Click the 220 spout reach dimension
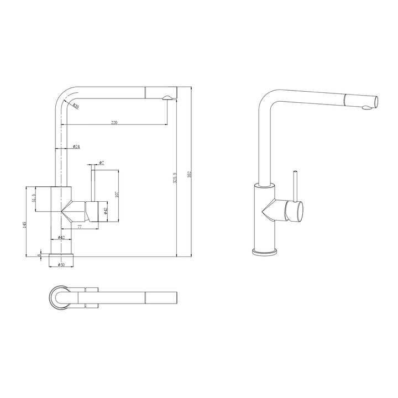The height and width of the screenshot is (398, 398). [114, 122]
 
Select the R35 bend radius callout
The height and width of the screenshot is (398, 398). [75, 106]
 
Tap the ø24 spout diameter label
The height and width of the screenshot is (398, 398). [76, 146]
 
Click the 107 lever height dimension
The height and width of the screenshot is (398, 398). [117, 195]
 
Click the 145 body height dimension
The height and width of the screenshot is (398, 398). [25, 225]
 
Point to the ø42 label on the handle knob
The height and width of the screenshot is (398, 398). [106, 210]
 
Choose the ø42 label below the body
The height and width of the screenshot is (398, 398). [61, 238]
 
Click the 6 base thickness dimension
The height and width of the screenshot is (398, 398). [39, 255]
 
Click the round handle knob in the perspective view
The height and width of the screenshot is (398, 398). [294, 211]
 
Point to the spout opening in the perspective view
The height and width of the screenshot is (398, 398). [376, 101]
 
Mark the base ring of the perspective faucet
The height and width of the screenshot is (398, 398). [265, 252]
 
